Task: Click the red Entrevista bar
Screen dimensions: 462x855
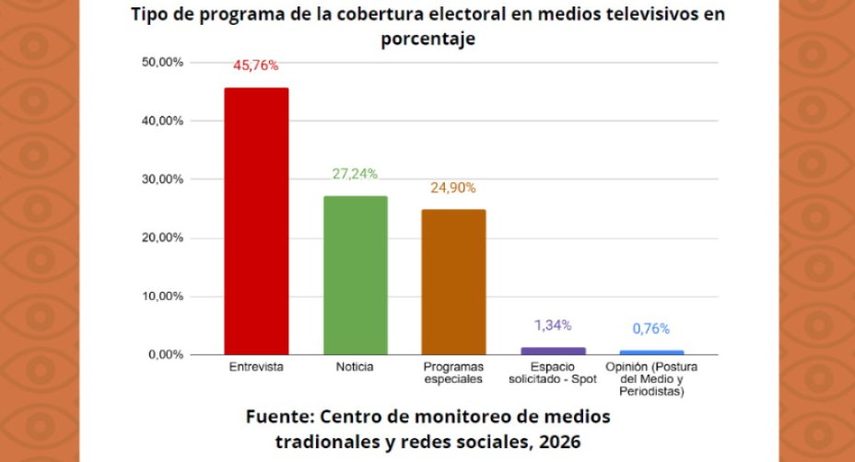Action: click(257, 221)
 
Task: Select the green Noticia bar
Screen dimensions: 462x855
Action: click(355, 275)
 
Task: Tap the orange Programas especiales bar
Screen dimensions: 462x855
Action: click(453, 282)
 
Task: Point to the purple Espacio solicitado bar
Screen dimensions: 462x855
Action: click(553, 351)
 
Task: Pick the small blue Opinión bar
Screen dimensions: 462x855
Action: click(651, 352)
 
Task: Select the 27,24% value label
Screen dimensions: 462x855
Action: click(355, 174)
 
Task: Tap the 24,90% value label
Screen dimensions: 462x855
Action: click(453, 188)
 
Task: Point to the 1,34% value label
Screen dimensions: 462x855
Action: click(553, 325)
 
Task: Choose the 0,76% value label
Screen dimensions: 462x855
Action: click(651, 329)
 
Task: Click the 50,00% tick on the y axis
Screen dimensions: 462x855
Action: click(163, 62)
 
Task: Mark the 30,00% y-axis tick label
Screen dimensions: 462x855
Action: click(163, 179)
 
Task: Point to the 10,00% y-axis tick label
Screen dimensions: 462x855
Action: click(163, 296)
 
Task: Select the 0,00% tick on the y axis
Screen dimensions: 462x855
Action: click(166, 355)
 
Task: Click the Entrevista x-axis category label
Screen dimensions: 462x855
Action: click(256, 367)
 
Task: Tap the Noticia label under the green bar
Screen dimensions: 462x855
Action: click(355, 367)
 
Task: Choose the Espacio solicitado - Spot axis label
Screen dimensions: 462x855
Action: click(553, 373)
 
